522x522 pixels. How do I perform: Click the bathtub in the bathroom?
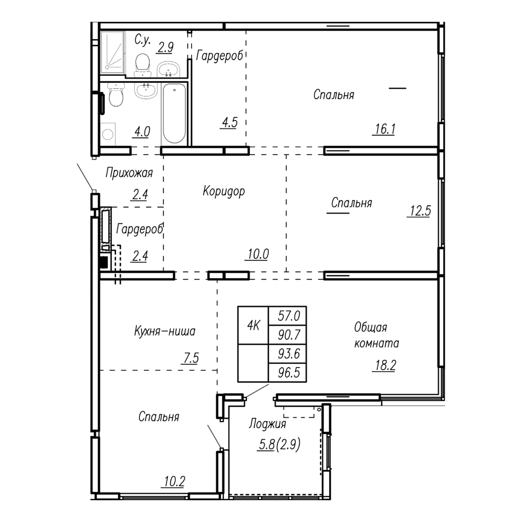coord(174,114)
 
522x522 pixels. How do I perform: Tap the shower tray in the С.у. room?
coord(113,52)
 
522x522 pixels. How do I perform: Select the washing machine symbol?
coord(108,134)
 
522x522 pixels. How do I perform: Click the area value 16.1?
coord(385,129)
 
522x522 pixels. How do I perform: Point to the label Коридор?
coord(224,192)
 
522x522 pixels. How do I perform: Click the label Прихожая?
coord(129,173)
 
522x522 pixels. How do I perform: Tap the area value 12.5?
coord(420,211)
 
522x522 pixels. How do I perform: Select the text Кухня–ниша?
coord(165,331)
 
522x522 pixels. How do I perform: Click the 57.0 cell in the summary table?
coord(287,316)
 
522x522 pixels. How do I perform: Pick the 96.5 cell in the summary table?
coord(287,373)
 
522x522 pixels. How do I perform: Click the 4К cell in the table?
coord(253,325)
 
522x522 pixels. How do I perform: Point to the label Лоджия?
coord(268,424)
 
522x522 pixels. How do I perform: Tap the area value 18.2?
coord(386,365)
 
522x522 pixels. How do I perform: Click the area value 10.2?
coord(174,481)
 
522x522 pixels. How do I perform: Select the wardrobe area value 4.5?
coord(230,123)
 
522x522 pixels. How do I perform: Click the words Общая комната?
coord(376,335)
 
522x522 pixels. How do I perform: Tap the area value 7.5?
coord(191,358)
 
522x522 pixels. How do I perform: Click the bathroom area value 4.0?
coord(142,132)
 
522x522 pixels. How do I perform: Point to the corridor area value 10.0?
coord(258,254)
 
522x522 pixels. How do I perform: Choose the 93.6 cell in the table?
coord(287,353)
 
